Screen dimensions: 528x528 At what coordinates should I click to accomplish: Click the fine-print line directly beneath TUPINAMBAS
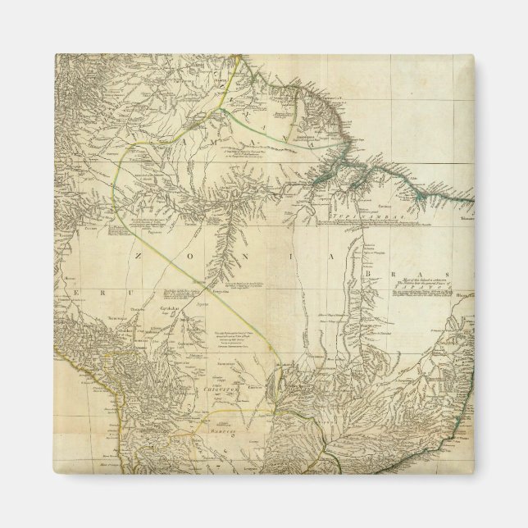tap(362, 222)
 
